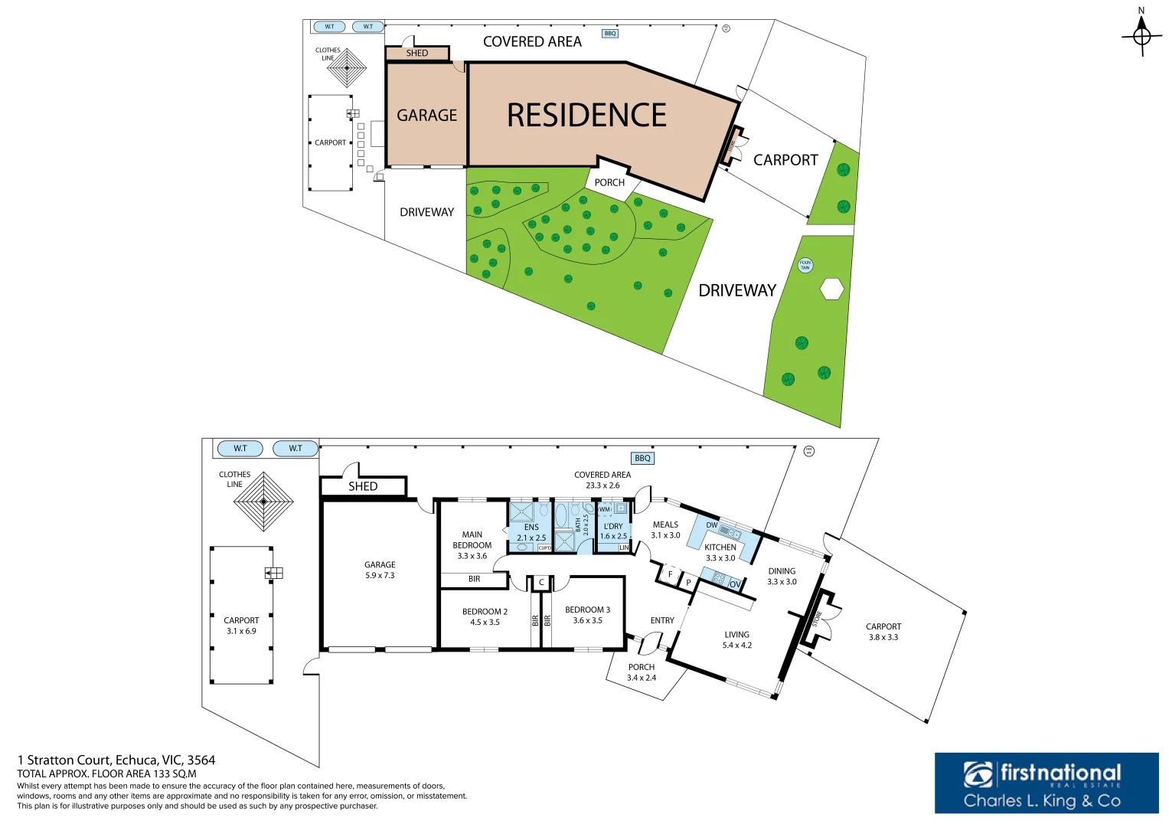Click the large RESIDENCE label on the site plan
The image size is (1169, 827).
coord(586,116)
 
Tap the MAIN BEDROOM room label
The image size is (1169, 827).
coord(472,540)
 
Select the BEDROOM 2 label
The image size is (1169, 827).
coord(485,612)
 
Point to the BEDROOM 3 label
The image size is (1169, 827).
coord(587,610)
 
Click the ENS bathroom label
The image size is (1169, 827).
coord(531,528)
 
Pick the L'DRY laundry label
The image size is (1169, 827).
coord(613,526)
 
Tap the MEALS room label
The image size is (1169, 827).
coord(665,525)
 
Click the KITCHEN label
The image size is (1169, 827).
coord(720,548)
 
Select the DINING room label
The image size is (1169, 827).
coord(782,571)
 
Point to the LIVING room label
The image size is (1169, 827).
coord(736,635)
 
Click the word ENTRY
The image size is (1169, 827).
coord(662,621)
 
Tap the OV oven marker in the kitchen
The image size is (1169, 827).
coord(735,584)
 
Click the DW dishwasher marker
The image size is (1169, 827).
coord(712,525)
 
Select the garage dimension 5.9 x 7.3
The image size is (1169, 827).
coord(380,576)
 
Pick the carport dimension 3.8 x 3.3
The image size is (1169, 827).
coord(883,638)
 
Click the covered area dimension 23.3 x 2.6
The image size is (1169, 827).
coord(602,485)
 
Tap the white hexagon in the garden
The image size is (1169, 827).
coord(831,289)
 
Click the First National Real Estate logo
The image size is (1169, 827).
coord(1046,783)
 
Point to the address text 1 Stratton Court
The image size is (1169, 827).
coord(116,760)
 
